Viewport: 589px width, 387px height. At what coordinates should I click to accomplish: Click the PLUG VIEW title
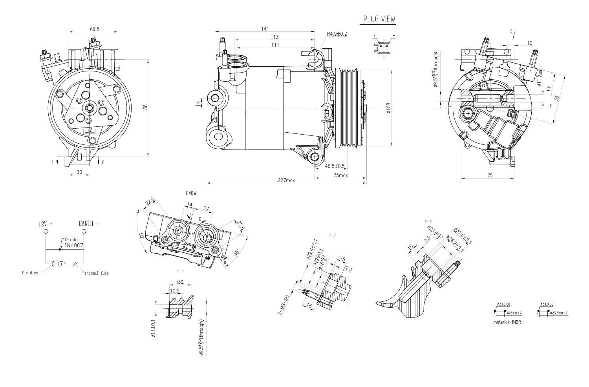(x=379, y=19)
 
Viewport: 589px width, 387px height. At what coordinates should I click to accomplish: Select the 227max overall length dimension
(x=286, y=181)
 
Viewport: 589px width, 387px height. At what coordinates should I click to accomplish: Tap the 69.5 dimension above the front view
(x=94, y=29)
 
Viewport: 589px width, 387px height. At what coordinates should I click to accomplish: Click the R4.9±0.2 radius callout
(x=337, y=34)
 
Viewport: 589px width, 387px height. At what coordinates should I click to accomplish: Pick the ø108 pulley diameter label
(x=388, y=108)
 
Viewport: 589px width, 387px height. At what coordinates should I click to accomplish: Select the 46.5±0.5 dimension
(x=335, y=166)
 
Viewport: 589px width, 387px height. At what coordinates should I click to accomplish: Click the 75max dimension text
(x=340, y=175)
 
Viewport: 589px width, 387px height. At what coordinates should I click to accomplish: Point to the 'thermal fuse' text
(x=97, y=273)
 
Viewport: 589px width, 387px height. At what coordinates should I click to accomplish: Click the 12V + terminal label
(x=46, y=224)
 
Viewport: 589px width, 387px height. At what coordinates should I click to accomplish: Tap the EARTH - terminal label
(x=89, y=223)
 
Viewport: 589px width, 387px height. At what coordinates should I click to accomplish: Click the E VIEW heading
(x=191, y=193)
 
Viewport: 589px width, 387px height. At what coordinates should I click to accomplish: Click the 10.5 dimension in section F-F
(x=175, y=291)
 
